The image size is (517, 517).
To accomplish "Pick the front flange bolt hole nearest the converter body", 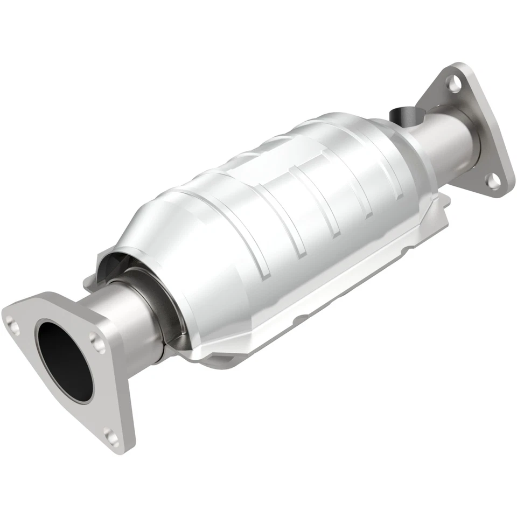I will coord(96,339).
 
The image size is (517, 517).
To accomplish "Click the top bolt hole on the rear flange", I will coord(456,83).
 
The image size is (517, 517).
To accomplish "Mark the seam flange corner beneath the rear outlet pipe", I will coord(444,202).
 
